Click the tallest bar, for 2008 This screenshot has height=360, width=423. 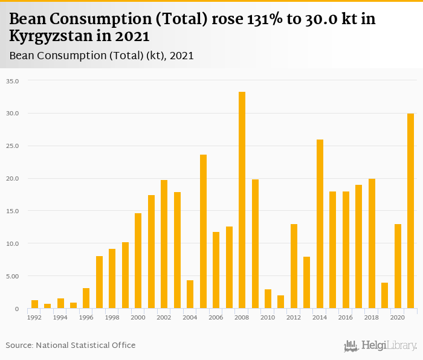[x=242, y=200]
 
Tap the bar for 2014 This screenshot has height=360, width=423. [x=320, y=224]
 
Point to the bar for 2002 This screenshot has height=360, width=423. [x=164, y=244]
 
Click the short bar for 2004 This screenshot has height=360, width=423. [x=190, y=294]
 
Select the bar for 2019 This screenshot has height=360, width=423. [x=384, y=295]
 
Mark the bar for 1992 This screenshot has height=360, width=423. [x=34, y=304]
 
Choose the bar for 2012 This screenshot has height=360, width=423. [x=294, y=266]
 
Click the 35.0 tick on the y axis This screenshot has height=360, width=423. [x=13, y=81]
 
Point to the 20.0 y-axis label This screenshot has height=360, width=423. [x=13, y=179]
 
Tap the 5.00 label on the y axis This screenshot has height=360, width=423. [x=13, y=277]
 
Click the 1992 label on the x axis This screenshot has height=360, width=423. [x=34, y=317]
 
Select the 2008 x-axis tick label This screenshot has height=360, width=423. [x=242, y=317]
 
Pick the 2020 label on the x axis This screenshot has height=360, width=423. [x=397, y=317]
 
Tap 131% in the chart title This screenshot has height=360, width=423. [x=266, y=19]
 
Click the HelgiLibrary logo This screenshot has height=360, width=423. [x=381, y=346]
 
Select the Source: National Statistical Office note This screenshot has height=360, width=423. [x=71, y=346]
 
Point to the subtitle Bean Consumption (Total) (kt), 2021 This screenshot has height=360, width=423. [x=102, y=56]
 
